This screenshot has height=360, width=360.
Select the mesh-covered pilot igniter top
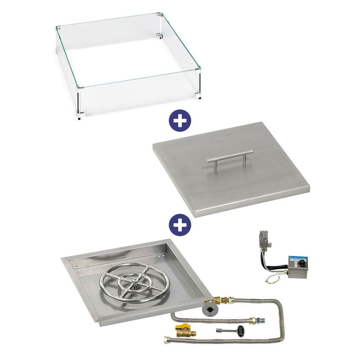(x=264, y=237)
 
